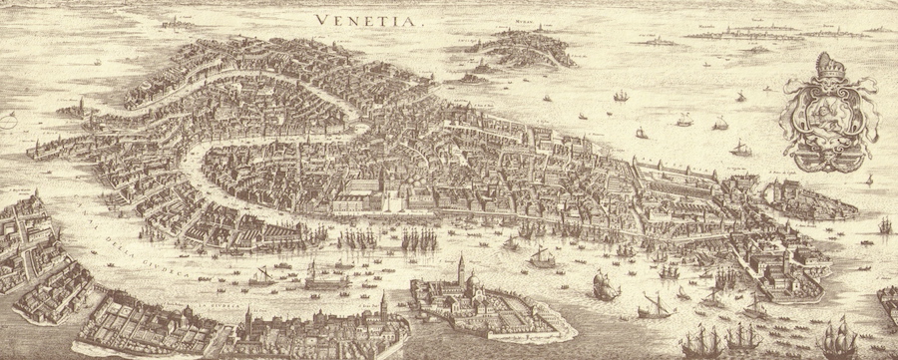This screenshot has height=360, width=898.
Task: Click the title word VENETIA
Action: point(358,18)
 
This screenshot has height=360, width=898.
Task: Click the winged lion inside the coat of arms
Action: point(824,107)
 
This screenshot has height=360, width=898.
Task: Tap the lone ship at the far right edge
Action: point(884,224)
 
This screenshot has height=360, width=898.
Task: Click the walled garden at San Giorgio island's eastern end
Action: point(529,320)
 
